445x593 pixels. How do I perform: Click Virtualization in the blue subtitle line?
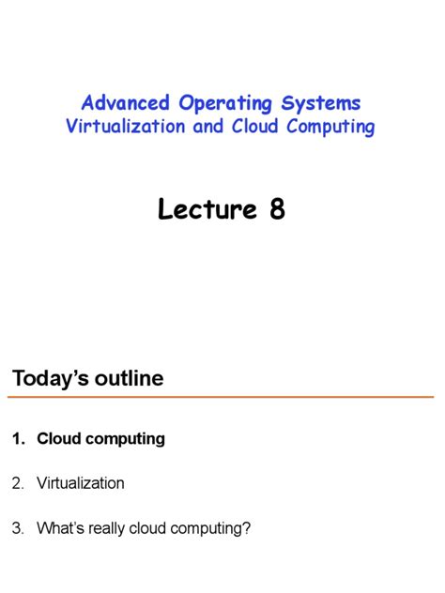tap(127, 127)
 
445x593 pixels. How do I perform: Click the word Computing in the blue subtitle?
tap(328, 127)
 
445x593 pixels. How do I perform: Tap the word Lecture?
tap(207, 209)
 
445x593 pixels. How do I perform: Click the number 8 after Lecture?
tap(277, 209)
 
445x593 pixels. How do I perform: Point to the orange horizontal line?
tap(222, 398)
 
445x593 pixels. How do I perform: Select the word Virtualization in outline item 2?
tap(81, 483)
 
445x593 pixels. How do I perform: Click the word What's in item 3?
tap(62, 528)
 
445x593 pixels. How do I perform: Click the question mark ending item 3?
tap(247, 528)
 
